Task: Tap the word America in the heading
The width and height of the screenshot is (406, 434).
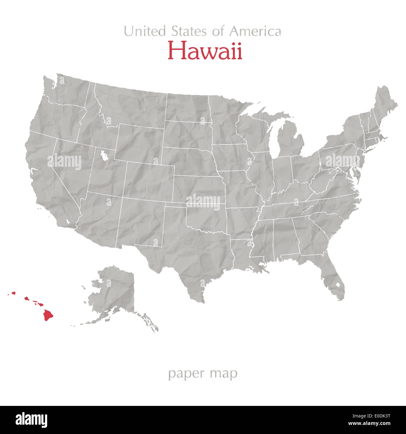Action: [x=255, y=31]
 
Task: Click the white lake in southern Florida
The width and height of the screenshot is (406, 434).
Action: [x=338, y=285]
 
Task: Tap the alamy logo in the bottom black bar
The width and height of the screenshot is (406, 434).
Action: [x=31, y=420]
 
